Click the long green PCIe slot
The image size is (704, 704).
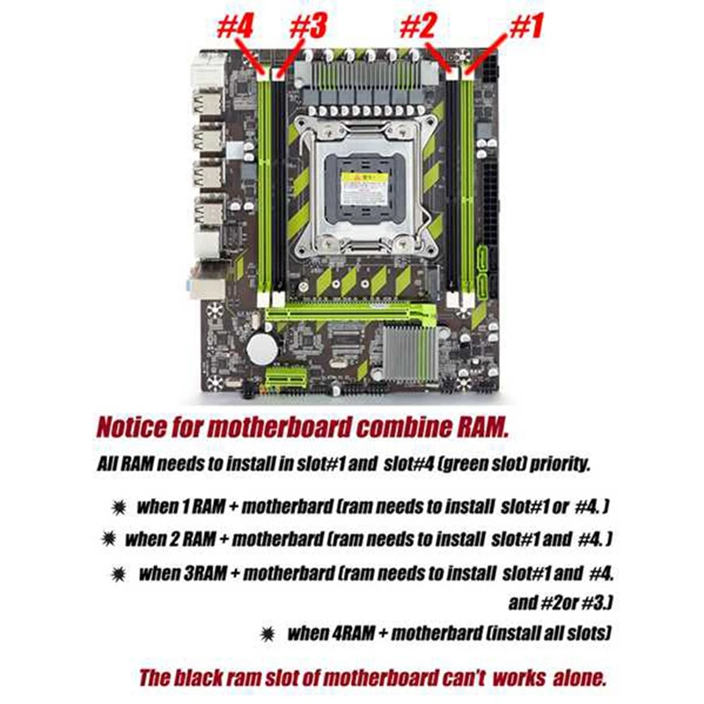pyautogui.click(x=352, y=312)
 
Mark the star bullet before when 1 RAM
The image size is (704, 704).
pyautogui.click(x=115, y=507)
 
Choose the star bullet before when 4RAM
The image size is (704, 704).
pyautogui.click(x=268, y=633)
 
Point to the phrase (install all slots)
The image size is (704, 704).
pyautogui.click(x=546, y=633)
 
